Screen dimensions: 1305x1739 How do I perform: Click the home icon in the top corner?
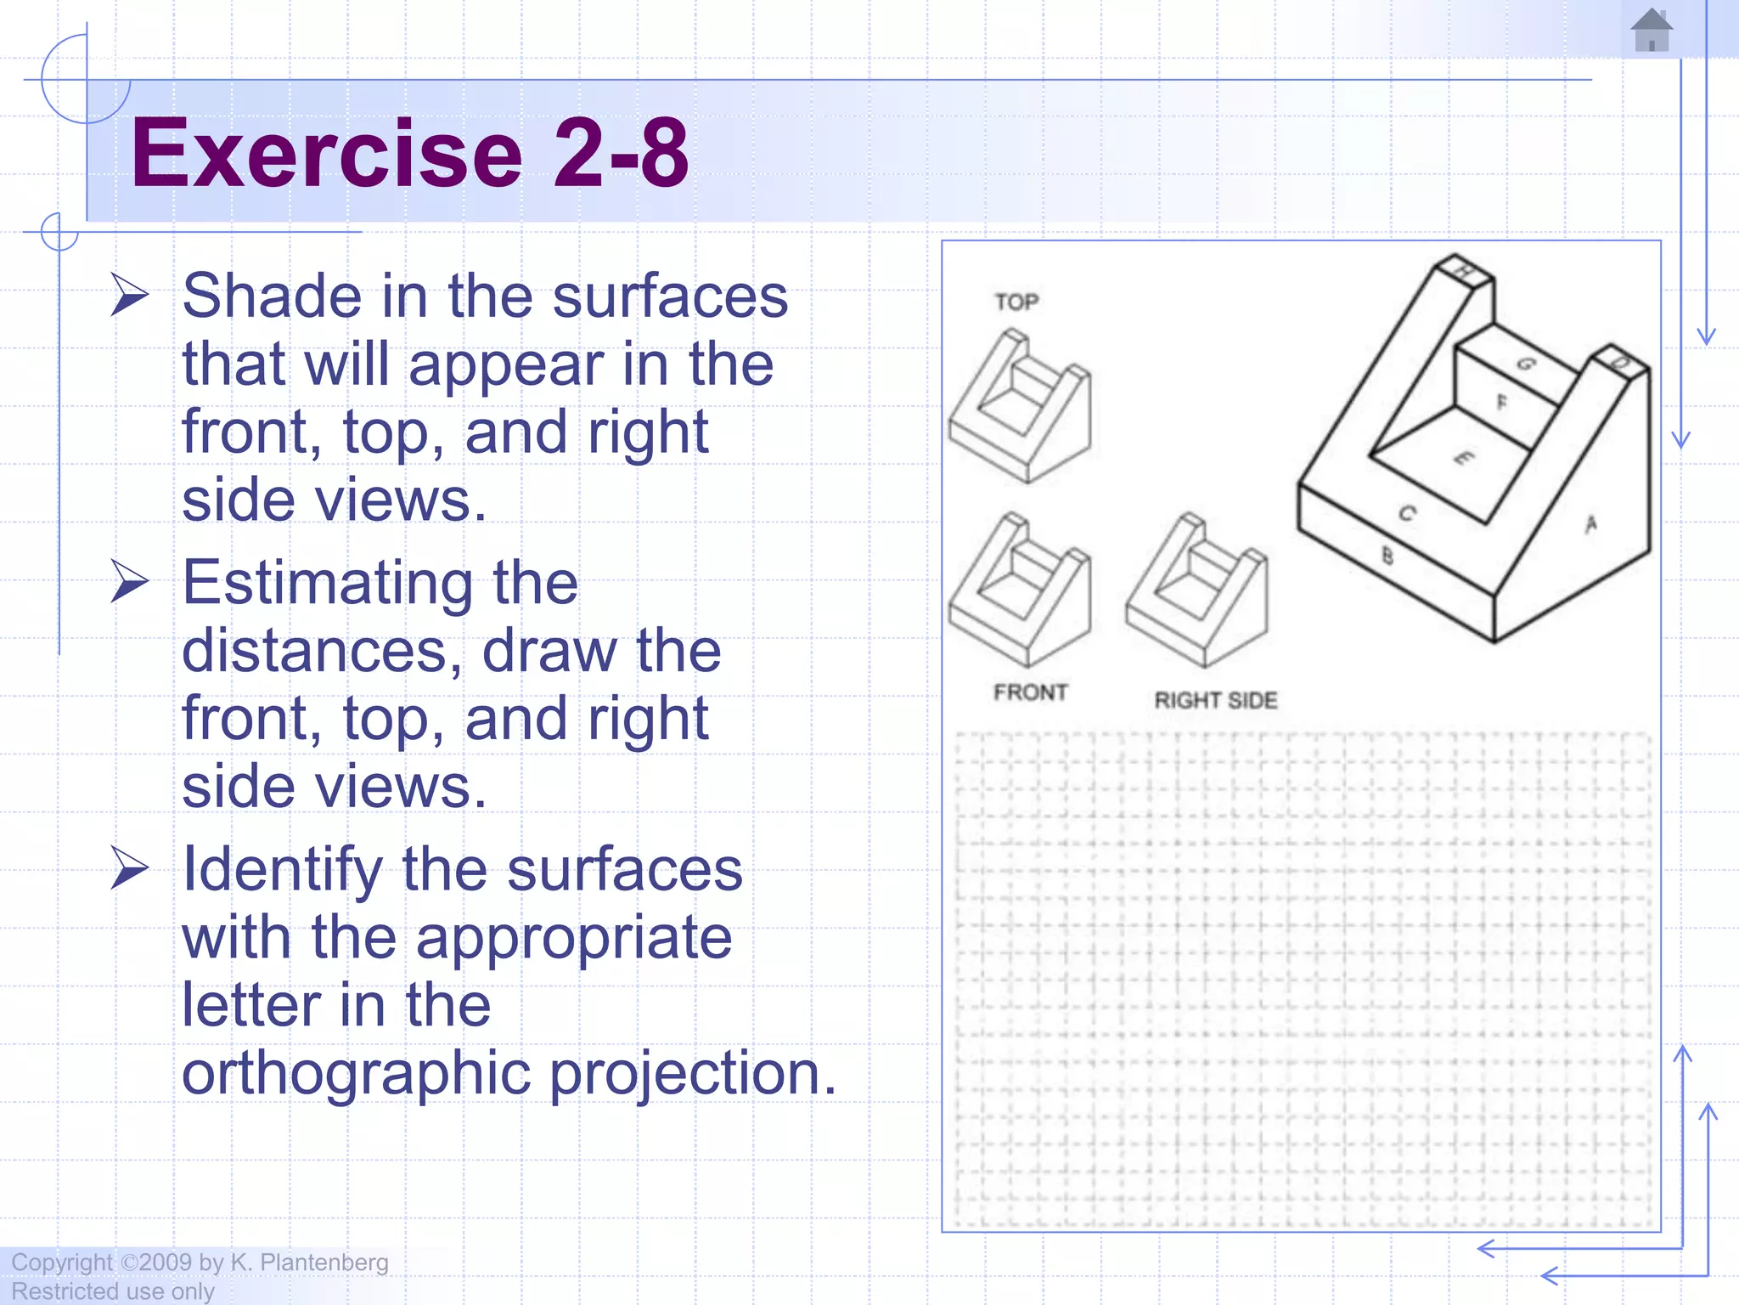coord(1651,31)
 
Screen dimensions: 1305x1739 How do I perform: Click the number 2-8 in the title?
coord(620,154)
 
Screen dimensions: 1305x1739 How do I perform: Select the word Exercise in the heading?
coord(327,154)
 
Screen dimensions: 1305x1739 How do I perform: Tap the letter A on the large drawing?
coord(1591,524)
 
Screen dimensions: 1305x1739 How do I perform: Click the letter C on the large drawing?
coord(1407,513)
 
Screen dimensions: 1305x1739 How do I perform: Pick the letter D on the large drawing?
coord(1621,363)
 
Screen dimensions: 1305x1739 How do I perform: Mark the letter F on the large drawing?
coord(1501,402)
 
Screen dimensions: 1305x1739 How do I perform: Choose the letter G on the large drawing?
coord(1526,364)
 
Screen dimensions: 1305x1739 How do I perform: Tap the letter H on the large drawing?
coord(1464,271)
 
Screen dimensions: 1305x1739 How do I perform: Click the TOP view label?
coord(1016,302)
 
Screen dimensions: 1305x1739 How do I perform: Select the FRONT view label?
coord(1030,692)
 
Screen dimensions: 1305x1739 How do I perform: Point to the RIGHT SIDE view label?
coord(1215,700)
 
